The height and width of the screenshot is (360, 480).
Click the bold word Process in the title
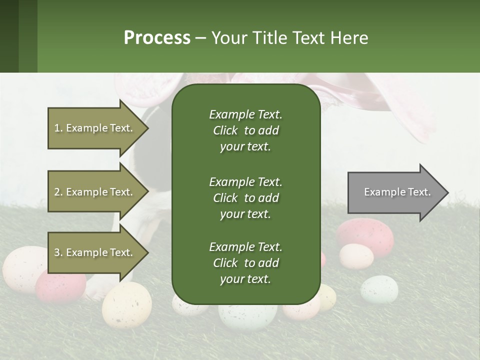tap(157, 38)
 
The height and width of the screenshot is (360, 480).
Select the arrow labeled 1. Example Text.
tap(94, 128)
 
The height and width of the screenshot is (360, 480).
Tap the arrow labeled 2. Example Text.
tap(94, 192)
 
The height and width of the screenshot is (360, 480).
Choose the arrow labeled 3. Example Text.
tap(94, 252)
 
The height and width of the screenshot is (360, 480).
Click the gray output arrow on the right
tap(395, 192)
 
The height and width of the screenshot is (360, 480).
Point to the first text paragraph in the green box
tap(245, 130)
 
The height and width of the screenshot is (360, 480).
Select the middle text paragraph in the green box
tap(245, 197)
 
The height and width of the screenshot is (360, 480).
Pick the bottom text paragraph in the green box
tap(245, 263)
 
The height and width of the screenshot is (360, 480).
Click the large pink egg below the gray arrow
tap(365, 236)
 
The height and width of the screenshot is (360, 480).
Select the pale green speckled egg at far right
tap(379, 289)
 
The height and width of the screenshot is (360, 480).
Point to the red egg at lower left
tap(60, 287)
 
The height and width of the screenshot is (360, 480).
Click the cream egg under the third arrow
tap(126, 304)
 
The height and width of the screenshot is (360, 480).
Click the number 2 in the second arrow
tap(57, 192)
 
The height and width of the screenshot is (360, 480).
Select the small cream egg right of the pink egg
tap(356, 256)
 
